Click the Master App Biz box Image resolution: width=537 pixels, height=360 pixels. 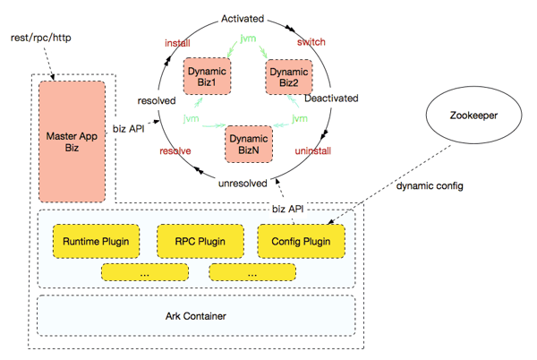tap(72, 141)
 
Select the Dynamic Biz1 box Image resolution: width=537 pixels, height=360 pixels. tap(208, 76)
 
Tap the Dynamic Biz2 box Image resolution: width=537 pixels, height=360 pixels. tap(289, 77)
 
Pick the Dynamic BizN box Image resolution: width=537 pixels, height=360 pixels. tap(249, 144)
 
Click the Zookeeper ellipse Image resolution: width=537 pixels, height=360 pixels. tap(474, 115)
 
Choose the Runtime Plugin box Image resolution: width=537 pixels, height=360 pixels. tap(96, 241)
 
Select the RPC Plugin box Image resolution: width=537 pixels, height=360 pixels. tap(200, 241)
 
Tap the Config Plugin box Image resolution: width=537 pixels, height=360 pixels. tap(301, 241)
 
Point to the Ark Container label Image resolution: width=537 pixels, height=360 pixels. tap(196, 316)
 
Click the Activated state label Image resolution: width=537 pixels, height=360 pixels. tap(243, 19)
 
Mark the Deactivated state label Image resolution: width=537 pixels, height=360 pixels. tap(331, 99)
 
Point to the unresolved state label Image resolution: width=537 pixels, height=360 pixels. tap(243, 184)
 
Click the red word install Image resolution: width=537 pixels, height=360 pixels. tap(177, 43)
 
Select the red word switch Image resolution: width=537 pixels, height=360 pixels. tap(311, 42)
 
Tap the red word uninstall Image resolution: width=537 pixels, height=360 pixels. tap(313, 151)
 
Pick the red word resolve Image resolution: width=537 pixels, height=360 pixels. tap(175, 151)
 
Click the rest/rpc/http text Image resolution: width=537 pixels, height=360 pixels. tap(41, 38)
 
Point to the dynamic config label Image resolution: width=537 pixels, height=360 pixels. tap(430, 186)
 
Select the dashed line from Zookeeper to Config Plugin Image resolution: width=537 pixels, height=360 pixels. tap(389, 184)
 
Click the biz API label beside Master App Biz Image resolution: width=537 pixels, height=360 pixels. tap(128, 129)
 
